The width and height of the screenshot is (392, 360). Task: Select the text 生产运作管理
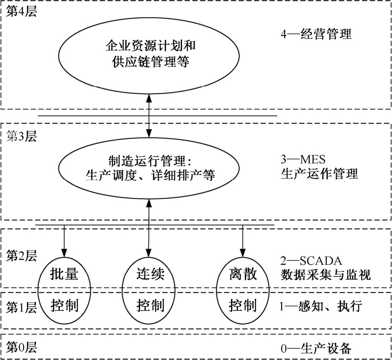pos(320,174)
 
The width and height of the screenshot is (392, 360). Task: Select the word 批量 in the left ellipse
pos(64,275)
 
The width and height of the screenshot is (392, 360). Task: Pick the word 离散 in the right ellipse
pos(243,275)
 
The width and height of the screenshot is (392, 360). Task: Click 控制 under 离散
pos(243,305)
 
